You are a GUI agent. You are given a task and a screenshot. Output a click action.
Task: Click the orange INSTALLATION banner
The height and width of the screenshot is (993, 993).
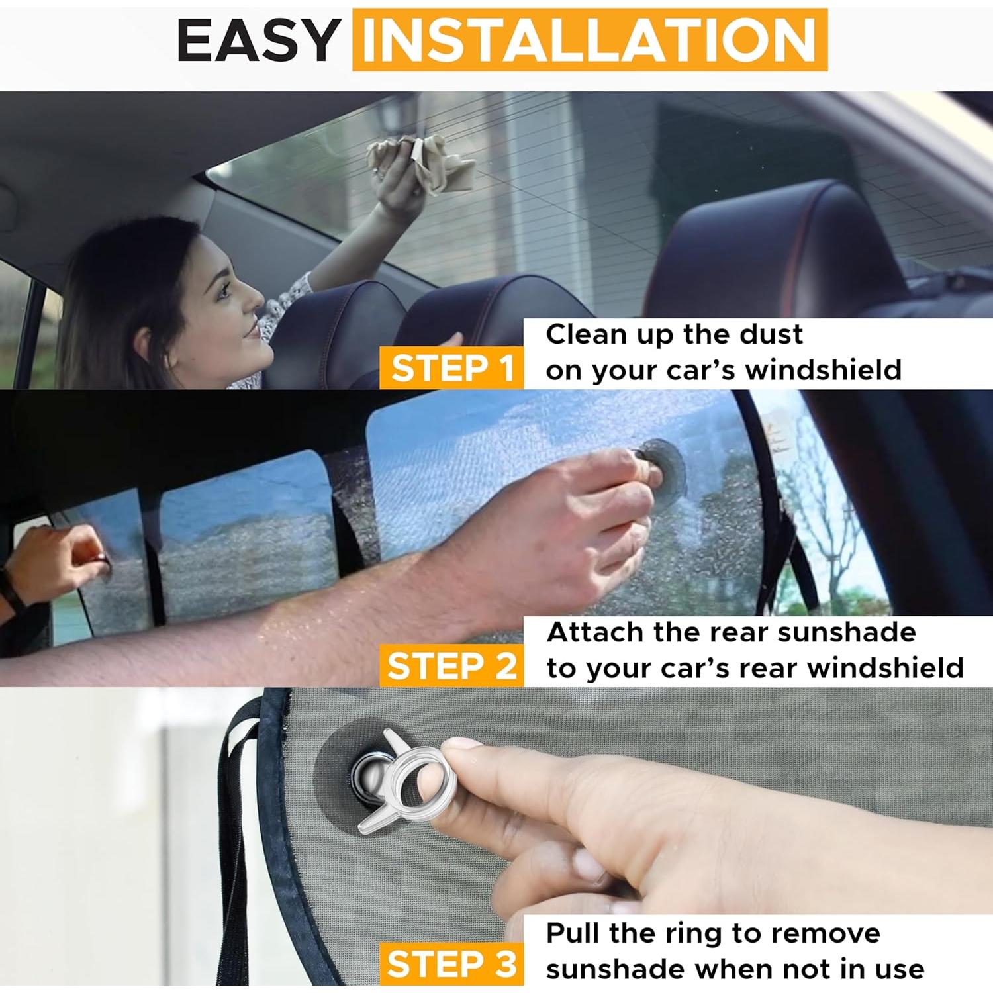(589, 40)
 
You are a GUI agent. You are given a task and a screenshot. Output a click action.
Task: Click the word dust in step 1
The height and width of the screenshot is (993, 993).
(771, 334)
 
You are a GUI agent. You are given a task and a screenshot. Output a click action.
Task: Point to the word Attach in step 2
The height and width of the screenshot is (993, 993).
(595, 632)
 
